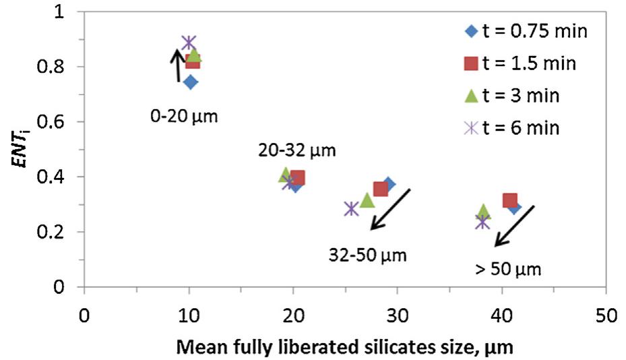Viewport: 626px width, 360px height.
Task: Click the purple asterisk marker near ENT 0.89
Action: coord(189,43)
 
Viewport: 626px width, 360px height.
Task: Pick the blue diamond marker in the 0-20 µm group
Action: coord(191,82)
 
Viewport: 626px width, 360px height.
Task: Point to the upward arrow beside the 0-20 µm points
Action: coord(177,66)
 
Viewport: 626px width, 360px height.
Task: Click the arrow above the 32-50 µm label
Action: coord(390,210)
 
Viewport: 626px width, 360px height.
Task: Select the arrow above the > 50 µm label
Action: coord(514,226)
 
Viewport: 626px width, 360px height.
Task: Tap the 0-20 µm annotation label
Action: coord(185,116)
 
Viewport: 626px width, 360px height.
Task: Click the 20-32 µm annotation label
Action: coord(292,150)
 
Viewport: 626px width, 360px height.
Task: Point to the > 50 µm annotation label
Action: coord(508,270)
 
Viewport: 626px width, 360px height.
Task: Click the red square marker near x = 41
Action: coord(510,201)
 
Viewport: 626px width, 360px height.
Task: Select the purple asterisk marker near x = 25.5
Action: coord(350,209)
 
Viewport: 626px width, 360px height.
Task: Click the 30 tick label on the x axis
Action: coord(397,315)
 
